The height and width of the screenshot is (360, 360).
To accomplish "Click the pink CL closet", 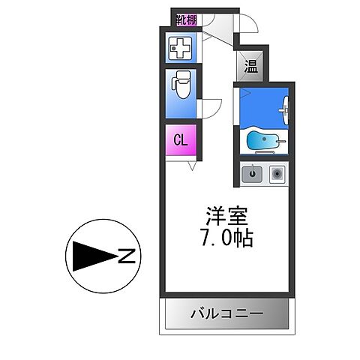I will [x=181, y=140].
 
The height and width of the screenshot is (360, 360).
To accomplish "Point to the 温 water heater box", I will [x=250, y=66].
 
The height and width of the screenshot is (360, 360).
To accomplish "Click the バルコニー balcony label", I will [x=226, y=313].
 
